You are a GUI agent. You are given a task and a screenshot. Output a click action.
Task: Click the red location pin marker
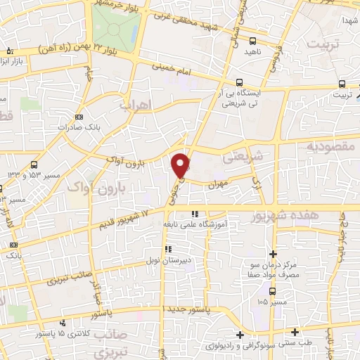pyautogui.click(x=181, y=164)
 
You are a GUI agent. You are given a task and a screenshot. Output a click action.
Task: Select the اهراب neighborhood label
pyautogui.click(x=137, y=105)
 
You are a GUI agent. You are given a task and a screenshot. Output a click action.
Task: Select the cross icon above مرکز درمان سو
pyautogui.click(x=274, y=254)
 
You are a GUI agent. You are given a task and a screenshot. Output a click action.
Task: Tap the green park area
pyautogui.click(x=116, y=25)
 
